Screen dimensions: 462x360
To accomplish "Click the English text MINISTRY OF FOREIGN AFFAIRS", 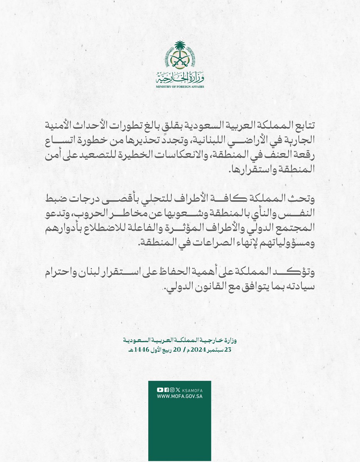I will [x=180, y=87].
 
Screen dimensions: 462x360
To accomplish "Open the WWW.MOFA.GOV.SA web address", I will [x=180, y=397].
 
